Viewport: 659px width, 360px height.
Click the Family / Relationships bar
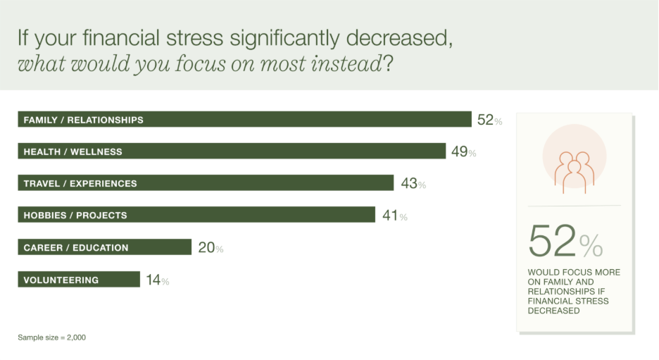click(x=244, y=119)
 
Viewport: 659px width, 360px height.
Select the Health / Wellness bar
click(x=232, y=151)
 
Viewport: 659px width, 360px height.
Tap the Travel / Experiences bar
click(x=205, y=183)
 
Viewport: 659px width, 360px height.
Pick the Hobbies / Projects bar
click(x=196, y=215)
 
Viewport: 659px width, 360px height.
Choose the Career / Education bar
click(x=104, y=247)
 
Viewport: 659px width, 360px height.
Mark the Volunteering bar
click(x=78, y=280)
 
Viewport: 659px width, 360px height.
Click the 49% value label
click(x=463, y=151)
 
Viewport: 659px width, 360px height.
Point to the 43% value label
click(x=413, y=184)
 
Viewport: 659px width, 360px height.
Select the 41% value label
click(x=394, y=216)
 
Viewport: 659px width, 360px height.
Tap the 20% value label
click(x=211, y=248)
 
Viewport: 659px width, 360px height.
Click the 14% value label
click(x=158, y=280)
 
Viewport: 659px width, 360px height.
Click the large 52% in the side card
click(x=565, y=242)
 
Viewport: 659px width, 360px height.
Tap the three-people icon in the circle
click(x=575, y=168)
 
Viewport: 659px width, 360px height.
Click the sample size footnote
click(x=51, y=337)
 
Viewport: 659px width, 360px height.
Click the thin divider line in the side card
click(x=575, y=206)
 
